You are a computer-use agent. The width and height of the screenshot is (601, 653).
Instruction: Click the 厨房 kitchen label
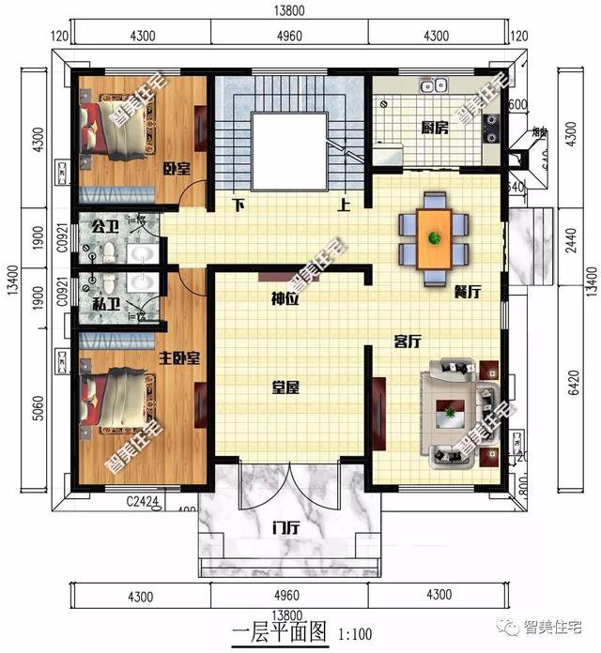434,129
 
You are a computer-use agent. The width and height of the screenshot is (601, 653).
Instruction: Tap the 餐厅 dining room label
467,292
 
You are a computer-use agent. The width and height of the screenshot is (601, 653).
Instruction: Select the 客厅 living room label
407,342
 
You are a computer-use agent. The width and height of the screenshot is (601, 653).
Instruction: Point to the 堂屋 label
285,387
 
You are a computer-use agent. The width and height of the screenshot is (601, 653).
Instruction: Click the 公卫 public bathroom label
104,227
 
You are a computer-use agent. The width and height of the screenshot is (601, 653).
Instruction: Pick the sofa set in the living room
457,411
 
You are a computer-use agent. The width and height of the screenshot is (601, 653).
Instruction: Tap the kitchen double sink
433,87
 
